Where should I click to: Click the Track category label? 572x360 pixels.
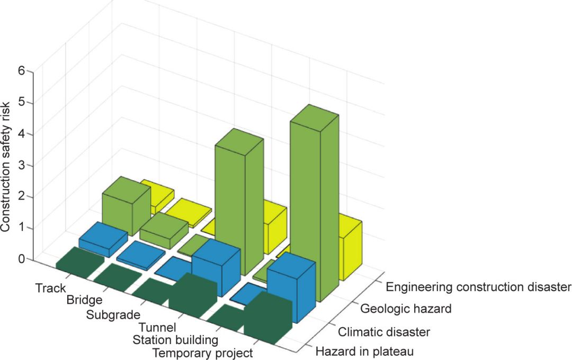[51, 289]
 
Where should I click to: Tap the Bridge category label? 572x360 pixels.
[84, 301]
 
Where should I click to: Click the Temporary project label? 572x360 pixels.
[202, 353]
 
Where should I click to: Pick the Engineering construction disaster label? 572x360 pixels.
[478, 287]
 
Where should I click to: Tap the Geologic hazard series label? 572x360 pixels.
[405, 309]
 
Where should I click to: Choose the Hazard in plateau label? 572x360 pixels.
[364, 351]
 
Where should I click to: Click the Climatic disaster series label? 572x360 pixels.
[384, 332]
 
